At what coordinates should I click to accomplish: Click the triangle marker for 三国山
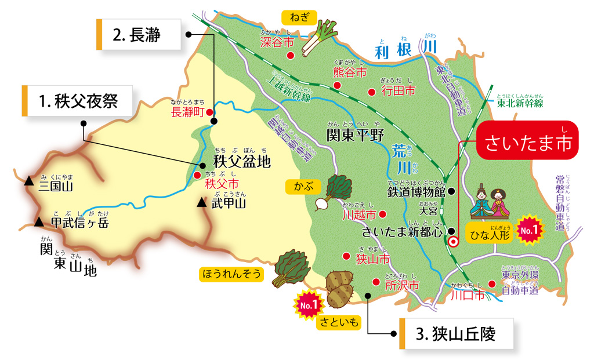(28, 182)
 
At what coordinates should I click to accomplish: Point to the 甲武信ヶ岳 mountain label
(79, 223)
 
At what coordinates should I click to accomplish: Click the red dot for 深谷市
(291, 55)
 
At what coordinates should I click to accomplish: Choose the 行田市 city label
(399, 90)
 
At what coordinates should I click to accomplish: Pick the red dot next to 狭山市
(346, 256)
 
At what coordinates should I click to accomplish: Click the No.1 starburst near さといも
(308, 303)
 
